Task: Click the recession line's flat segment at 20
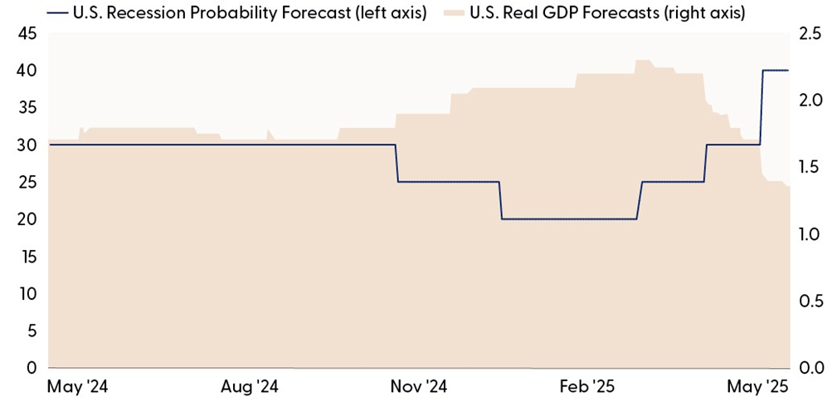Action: pyautogui.click(x=568, y=219)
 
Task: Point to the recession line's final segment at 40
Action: pyautogui.click(x=776, y=71)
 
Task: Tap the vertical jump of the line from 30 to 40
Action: pyautogui.click(x=761, y=108)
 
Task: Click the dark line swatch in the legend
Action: pyautogui.click(x=59, y=13)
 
